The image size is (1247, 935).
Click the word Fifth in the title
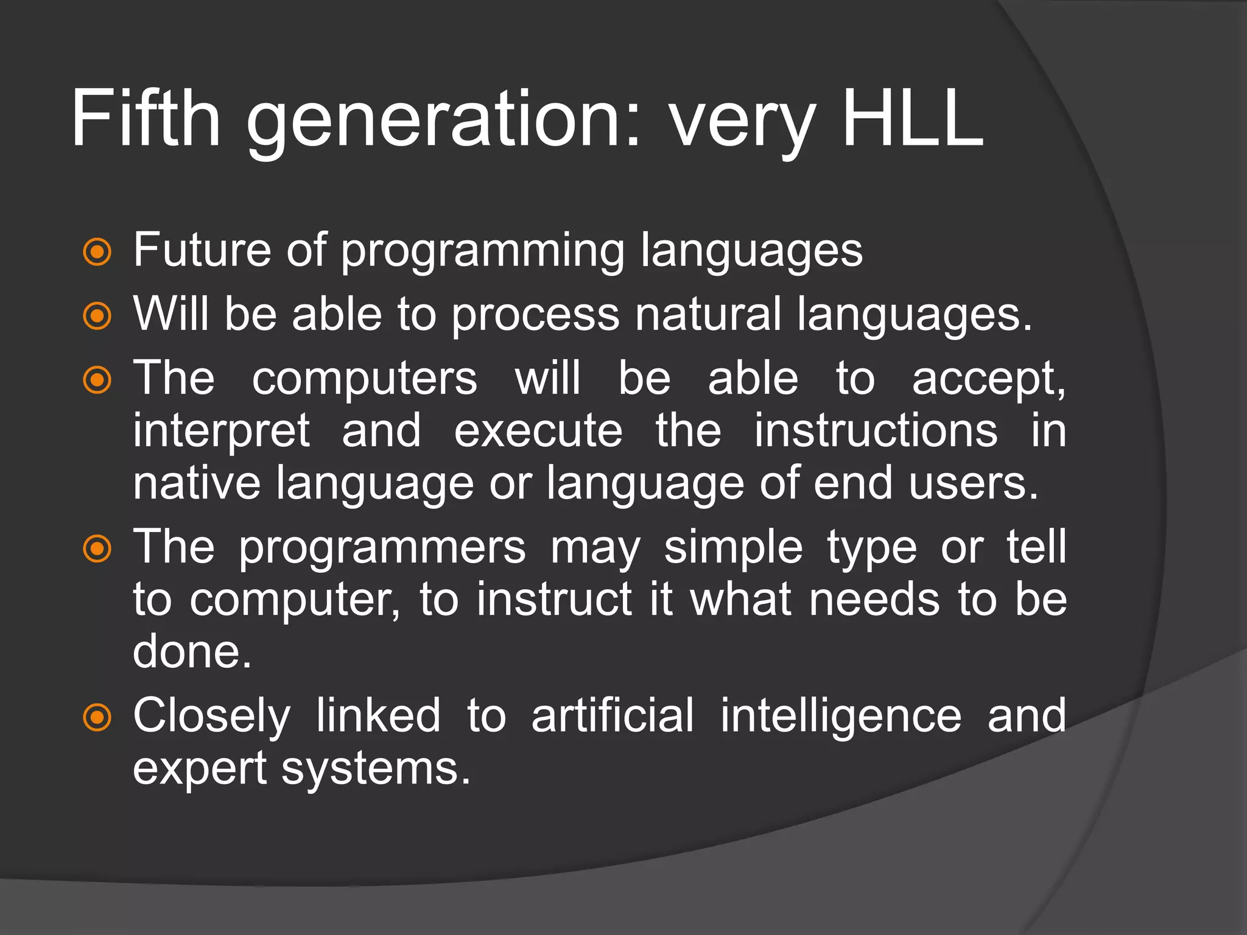[146, 118]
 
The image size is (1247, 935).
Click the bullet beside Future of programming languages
[97, 252]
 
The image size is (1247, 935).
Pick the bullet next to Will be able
[97, 316]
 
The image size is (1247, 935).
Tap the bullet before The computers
[97, 380]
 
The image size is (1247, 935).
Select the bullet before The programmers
[97, 549]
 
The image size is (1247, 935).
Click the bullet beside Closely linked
[97, 718]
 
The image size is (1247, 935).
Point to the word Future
[202, 250]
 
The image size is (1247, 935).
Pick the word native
[196, 483]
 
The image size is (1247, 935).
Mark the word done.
[192, 651]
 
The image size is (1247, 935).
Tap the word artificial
[613, 715]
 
